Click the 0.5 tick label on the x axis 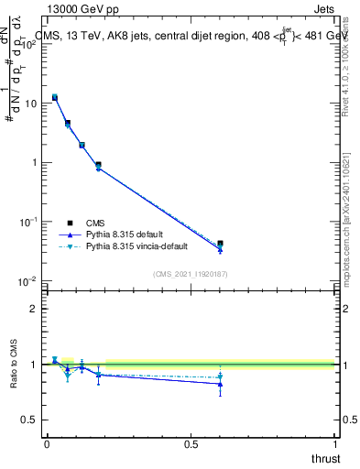coord(191,443)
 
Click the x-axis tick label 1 coord(334,443)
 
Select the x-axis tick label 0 coord(47,443)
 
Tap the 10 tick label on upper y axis coord(30,104)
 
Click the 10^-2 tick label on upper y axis coord(28,281)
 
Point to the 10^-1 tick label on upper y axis coord(28,222)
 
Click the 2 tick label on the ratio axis coord(35,309)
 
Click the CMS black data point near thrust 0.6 coord(220,244)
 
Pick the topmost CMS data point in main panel coord(55,97)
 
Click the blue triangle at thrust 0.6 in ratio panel coord(220,384)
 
